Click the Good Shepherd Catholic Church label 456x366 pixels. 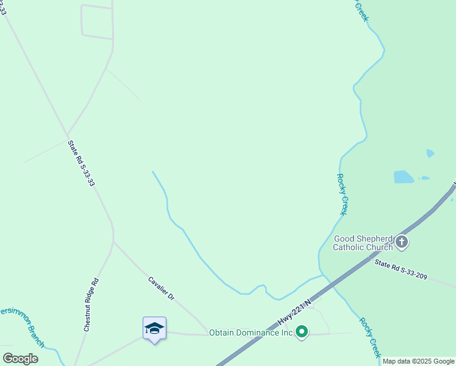[x=363, y=243]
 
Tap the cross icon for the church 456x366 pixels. [x=401, y=242]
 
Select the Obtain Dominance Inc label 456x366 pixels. [x=251, y=332]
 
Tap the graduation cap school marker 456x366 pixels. [x=154, y=329]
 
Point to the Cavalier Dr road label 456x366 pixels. [x=162, y=289]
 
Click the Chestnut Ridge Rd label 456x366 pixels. [x=91, y=305]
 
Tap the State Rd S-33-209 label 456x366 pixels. [x=401, y=269]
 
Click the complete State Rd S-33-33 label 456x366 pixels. [x=81, y=163]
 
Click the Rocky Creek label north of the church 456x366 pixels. [x=342, y=194]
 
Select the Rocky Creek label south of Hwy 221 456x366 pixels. [x=370, y=337]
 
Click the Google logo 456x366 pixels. [x=20, y=358]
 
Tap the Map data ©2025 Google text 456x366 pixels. [x=418, y=361]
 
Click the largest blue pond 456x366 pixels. [x=404, y=177]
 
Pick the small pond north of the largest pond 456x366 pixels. [x=430, y=153]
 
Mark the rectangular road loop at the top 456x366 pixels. [x=97, y=22]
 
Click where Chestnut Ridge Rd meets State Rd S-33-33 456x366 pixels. [x=113, y=242]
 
